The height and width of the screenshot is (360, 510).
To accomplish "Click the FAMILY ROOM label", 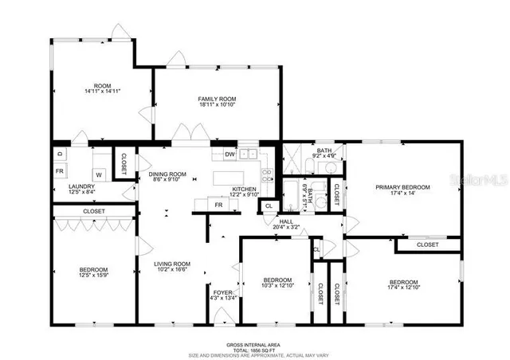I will [217, 99].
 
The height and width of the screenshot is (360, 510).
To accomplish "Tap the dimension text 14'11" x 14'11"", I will [101, 92].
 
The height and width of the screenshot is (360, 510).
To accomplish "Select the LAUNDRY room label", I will [82, 186].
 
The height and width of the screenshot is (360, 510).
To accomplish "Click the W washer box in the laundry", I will [99, 174].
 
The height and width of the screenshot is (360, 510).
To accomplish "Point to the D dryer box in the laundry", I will [60, 153].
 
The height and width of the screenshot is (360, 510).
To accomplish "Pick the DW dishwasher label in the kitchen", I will [229, 155].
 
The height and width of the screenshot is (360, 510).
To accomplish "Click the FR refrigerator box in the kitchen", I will [218, 205].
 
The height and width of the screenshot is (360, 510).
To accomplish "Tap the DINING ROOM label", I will [167, 174].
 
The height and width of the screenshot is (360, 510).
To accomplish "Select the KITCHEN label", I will [244, 189].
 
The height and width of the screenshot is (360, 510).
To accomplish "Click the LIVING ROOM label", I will [171, 264].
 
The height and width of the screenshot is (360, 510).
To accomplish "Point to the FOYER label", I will [222, 293].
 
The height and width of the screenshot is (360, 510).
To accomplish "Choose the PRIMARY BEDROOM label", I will [402, 187].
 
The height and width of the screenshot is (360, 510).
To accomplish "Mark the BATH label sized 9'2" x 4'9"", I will [324, 151].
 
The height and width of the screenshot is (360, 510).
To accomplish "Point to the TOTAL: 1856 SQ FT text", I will [255, 350].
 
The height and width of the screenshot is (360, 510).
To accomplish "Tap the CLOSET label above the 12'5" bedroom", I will [93, 211].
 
